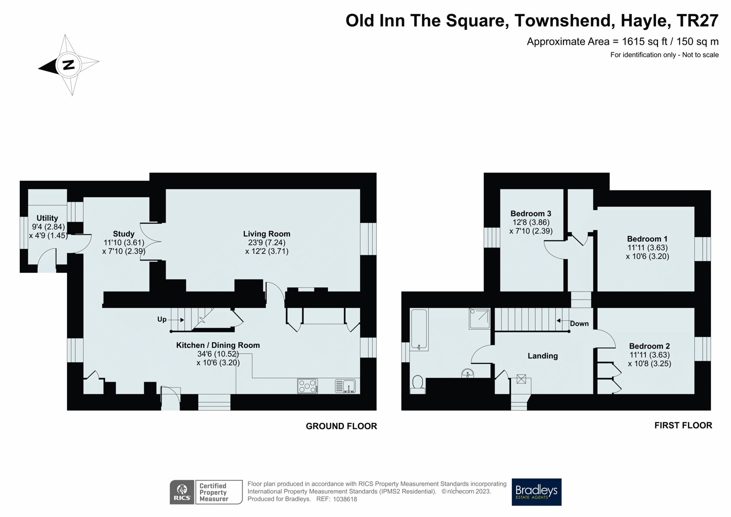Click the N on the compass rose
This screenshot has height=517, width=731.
coord(69,65)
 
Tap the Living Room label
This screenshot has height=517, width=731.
coord(267,234)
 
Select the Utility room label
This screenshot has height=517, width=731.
coord(47,218)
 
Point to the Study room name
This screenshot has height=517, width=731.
coord(124,234)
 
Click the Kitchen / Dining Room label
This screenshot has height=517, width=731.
coord(218,345)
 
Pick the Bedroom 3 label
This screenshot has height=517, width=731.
coord(531,214)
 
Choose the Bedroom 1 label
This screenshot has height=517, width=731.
coord(647,239)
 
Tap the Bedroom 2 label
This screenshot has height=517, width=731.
coord(649,346)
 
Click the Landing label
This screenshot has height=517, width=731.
coord(543,356)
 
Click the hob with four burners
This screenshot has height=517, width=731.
coord(307,386)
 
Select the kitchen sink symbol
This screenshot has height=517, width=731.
coord(345,386)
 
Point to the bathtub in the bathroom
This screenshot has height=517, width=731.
coord(419,330)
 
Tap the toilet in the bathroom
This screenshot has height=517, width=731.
coord(418,385)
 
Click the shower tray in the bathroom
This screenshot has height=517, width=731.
coord(479,319)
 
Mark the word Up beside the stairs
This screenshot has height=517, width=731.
coord(162,319)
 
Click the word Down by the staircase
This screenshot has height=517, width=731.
coord(579,324)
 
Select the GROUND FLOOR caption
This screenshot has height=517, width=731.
coord(341,426)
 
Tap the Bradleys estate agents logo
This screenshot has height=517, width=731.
coord(536,492)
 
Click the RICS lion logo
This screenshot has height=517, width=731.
coord(182,492)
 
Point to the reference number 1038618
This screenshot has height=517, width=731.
coord(345,499)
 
